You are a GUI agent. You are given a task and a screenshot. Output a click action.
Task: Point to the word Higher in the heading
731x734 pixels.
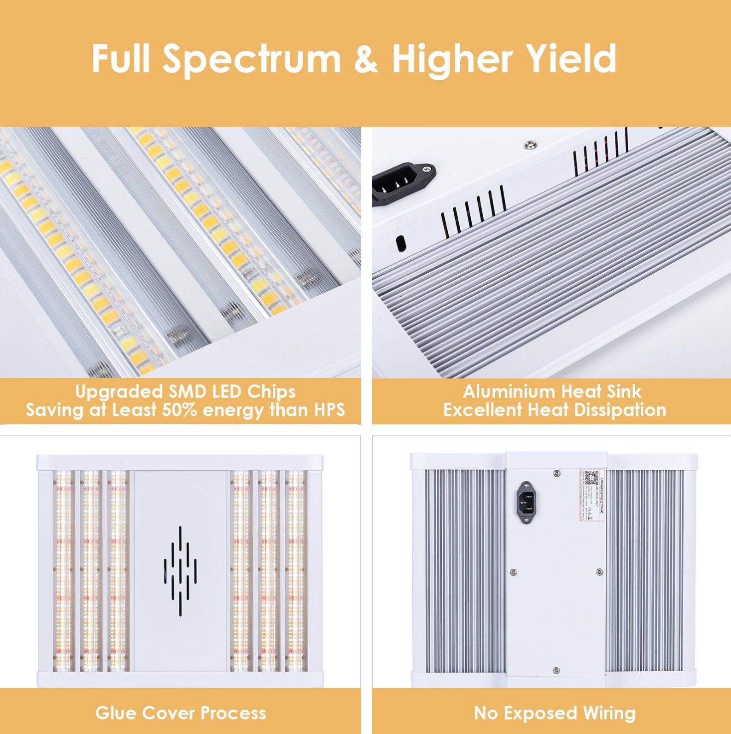[452, 59]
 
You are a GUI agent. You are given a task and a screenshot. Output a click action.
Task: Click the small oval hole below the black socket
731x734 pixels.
[400, 243]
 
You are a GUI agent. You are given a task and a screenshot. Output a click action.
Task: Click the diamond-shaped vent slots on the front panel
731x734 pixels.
[180, 570]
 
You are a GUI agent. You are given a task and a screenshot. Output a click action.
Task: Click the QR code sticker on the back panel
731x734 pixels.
[591, 479]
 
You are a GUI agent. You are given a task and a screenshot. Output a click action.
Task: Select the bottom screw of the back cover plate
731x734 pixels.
[556, 670]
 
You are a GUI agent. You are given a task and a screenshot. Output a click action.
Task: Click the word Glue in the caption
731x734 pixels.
[115, 713]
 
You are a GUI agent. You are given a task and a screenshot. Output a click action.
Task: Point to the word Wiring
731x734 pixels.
[609, 713]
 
